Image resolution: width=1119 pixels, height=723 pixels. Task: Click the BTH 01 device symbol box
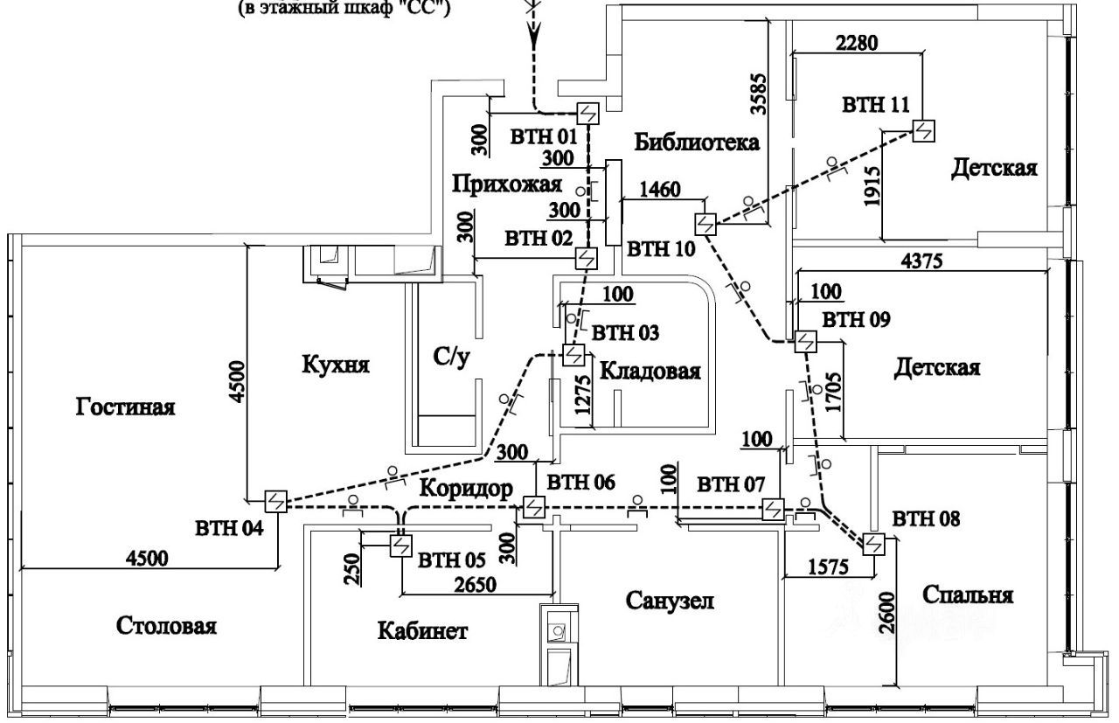[x=588, y=114]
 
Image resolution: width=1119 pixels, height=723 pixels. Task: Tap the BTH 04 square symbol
[x=275, y=501]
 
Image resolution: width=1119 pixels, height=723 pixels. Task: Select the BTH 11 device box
[x=924, y=131]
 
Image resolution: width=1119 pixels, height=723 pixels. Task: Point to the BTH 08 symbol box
[x=873, y=544]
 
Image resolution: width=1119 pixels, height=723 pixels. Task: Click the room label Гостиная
[x=125, y=407]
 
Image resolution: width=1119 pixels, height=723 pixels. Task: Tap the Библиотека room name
[x=697, y=143]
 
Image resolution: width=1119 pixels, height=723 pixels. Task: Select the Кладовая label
[x=650, y=372]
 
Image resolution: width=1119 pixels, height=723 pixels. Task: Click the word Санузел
[x=670, y=600]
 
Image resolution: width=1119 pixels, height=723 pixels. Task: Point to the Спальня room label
[x=968, y=594]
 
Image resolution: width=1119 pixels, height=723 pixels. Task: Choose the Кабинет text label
[x=422, y=630]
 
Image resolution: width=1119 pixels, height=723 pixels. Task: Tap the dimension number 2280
[x=857, y=43]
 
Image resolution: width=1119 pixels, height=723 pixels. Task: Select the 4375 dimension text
[x=921, y=261]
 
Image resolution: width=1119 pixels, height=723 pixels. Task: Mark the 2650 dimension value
[x=475, y=585]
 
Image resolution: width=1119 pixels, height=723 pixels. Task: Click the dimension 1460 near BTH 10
[x=660, y=190]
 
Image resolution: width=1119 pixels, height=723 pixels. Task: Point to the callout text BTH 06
[x=581, y=483]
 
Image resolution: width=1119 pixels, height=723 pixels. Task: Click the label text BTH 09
[x=856, y=319]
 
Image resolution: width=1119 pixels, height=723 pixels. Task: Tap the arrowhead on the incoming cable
[x=533, y=35]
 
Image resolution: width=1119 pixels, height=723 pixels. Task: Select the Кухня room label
[x=336, y=365]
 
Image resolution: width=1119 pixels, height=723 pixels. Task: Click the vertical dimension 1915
[x=872, y=186]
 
